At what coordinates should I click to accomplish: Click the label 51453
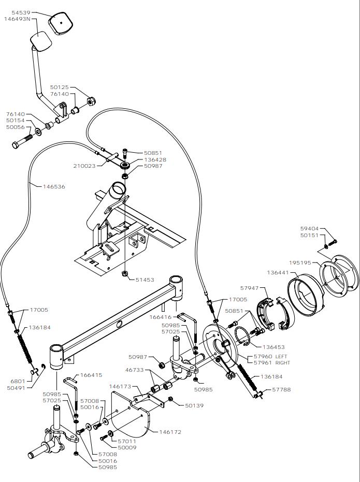pos(145,280)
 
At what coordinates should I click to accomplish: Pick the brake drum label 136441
pos(278,272)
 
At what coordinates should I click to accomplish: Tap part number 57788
pos(282,389)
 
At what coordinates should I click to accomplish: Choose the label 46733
pos(134,371)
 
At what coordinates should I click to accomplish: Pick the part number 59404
pos(310,228)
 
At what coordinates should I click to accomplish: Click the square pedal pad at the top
pos(62,24)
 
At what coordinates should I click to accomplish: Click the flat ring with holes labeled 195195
pos(339,274)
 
